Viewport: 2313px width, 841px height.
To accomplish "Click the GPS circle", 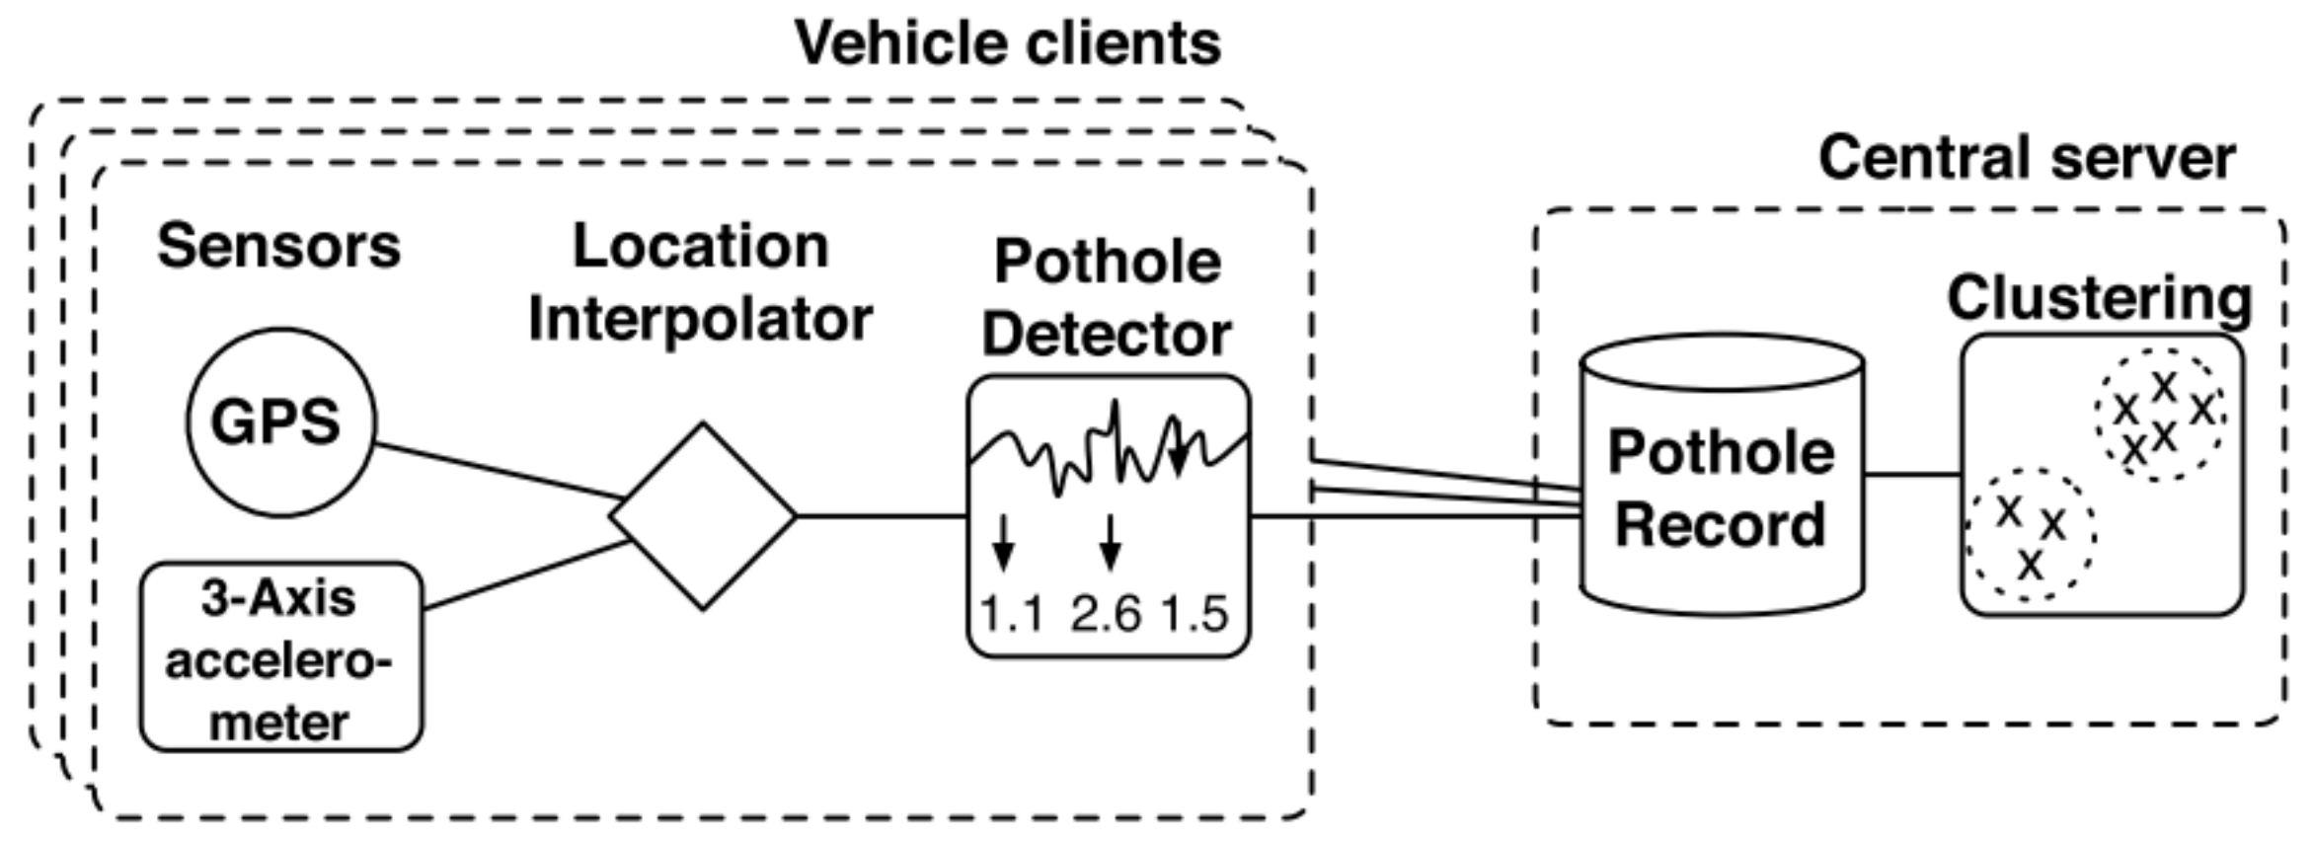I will coord(280,422).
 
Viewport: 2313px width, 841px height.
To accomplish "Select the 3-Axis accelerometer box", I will coord(280,657).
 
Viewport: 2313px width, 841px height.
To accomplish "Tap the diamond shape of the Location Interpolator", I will coord(702,515).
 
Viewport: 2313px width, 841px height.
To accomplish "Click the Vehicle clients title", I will coord(1008,43).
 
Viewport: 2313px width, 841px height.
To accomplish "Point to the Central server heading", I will coord(2026,158).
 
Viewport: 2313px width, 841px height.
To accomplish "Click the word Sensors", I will coord(279,246).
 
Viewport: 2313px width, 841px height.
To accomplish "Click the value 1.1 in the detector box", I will coord(1012,614).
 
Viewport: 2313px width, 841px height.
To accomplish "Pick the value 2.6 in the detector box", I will coord(1106,614).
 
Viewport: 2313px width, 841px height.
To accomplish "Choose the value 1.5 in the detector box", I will coord(1195,614).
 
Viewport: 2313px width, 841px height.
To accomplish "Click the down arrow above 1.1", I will coord(1003,542).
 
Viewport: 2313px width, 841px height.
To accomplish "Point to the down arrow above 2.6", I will coord(1111,542).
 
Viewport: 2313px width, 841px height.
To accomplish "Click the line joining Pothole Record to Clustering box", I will coord(1912,475).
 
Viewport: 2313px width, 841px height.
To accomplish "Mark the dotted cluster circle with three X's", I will coord(2030,534).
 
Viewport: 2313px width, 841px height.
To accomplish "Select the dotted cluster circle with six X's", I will coord(2160,416).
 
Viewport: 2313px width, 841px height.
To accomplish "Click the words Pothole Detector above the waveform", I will coord(1107,298).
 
